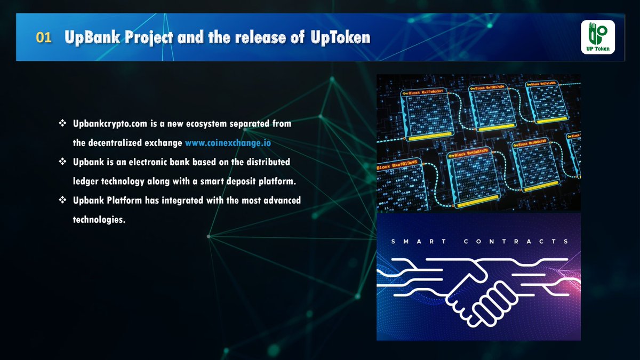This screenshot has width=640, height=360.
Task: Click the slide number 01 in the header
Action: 44,38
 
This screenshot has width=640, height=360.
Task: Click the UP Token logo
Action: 598,37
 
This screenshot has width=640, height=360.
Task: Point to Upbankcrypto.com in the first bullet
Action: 109,124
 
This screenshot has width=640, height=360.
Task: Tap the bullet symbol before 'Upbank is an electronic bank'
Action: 62,162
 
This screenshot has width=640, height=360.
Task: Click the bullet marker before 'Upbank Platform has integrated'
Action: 62,200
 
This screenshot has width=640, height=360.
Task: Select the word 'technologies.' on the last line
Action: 99,219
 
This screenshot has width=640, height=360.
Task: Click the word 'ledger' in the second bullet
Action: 86,181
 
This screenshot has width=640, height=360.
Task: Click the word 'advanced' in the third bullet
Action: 279,201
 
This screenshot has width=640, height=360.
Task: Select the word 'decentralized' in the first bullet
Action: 116,143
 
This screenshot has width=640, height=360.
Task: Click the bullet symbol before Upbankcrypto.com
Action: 62,123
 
